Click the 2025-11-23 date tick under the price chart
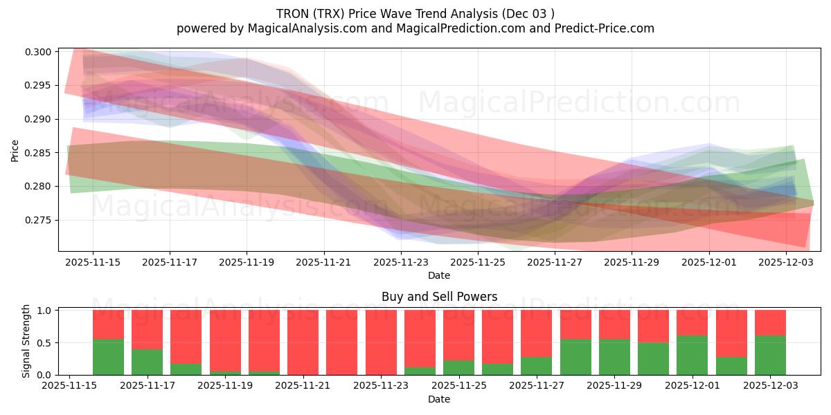click(400, 262)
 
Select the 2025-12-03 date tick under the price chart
click(785, 262)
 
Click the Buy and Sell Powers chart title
click(439, 297)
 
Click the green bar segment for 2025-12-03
click(770, 355)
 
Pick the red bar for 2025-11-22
click(342, 342)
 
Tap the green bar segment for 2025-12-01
click(692, 355)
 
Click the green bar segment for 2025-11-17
click(147, 362)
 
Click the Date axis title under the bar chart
click(439, 399)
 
